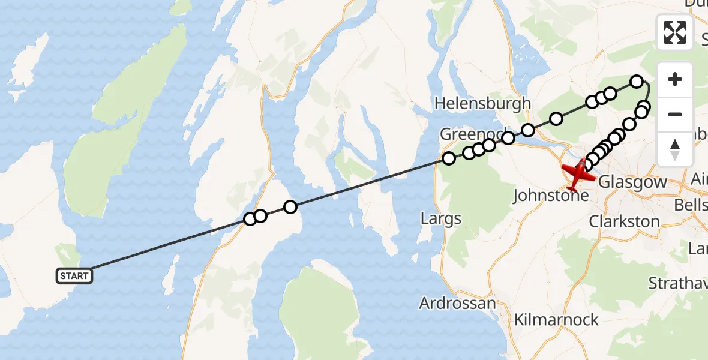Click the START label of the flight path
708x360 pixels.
(x=74, y=276)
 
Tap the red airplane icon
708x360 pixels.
(x=577, y=173)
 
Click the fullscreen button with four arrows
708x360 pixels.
(x=675, y=32)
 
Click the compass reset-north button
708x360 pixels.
(x=675, y=149)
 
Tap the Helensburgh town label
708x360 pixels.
(x=482, y=103)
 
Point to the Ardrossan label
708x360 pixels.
(x=458, y=303)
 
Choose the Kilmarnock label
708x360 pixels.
(x=556, y=319)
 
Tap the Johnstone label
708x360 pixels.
(x=551, y=196)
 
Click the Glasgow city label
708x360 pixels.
(x=632, y=181)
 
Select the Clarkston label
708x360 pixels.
(x=624, y=221)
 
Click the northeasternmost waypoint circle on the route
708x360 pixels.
(x=637, y=81)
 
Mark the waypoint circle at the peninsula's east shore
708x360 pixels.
(x=290, y=207)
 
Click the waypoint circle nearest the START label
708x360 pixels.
(x=250, y=219)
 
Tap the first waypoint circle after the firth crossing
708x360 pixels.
(x=449, y=158)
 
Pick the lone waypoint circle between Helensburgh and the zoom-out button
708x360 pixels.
(x=556, y=119)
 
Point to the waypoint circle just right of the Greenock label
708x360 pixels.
(x=508, y=139)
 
